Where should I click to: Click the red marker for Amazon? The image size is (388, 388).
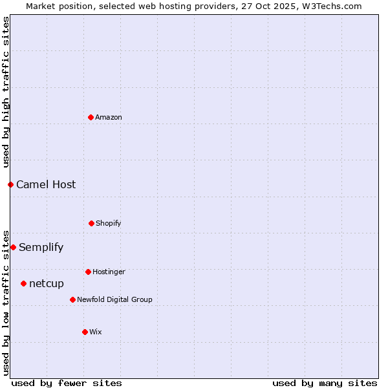point(91,117)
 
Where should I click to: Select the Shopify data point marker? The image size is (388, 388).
point(91,223)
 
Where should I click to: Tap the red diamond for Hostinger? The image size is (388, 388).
point(88,272)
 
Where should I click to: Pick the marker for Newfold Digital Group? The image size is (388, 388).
point(72,299)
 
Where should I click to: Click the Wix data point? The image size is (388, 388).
point(85,332)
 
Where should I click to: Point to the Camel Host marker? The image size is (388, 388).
point(10,184)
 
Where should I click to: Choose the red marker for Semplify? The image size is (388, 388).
point(13,247)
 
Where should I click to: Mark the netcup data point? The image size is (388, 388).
point(23,283)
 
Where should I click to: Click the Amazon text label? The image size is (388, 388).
point(109,117)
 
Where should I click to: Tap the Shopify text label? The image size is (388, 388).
point(109,223)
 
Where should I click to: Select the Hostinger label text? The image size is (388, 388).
point(109,272)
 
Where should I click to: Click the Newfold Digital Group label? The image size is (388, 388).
point(114,299)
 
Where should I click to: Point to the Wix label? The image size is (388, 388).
point(96,332)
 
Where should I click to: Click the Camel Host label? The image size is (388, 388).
point(46,184)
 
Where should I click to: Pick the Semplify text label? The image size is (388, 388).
point(41,247)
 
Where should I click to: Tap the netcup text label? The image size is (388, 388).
point(47,283)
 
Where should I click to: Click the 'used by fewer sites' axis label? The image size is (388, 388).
point(67,383)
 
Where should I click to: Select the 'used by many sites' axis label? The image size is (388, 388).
point(325,383)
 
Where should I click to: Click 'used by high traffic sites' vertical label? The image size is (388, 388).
point(6,91)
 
